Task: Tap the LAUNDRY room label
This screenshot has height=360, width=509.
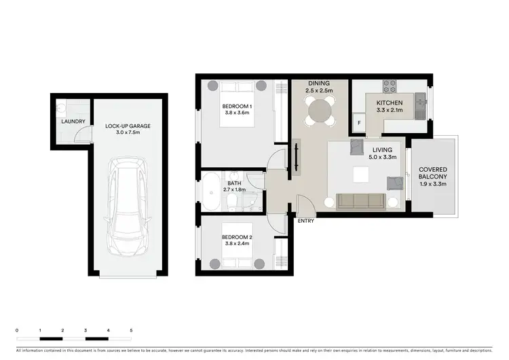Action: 73,122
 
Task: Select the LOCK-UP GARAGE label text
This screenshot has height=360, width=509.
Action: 128,126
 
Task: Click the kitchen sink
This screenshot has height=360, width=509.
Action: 421,103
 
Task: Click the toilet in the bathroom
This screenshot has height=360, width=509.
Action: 231,203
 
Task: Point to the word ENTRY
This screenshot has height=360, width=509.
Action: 305,221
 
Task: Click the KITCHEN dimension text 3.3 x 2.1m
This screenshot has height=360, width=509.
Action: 390,110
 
